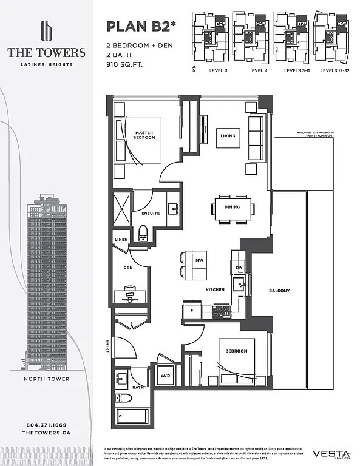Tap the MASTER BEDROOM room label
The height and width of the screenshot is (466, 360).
[x=144, y=135]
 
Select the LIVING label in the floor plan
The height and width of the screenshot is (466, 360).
[x=228, y=136]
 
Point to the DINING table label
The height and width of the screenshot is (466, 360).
[x=231, y=207]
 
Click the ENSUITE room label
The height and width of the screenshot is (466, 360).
[x=151, y=213]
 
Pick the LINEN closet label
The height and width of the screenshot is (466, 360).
[x=121, y=240]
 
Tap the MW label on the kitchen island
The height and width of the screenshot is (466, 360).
[x=199, y=261]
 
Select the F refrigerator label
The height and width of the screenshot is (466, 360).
[x=192, y=310]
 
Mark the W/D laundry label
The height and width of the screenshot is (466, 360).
[x=165, y=374]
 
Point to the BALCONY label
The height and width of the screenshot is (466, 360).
[x=279, y=291]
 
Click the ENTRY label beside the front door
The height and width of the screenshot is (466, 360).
[x=107, y=346]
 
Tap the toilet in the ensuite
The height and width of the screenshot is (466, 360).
[x=144, y=232]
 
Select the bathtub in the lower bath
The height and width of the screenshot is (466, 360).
[x=132, y=417]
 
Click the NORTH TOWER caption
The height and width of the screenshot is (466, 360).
[x=46, y=379]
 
